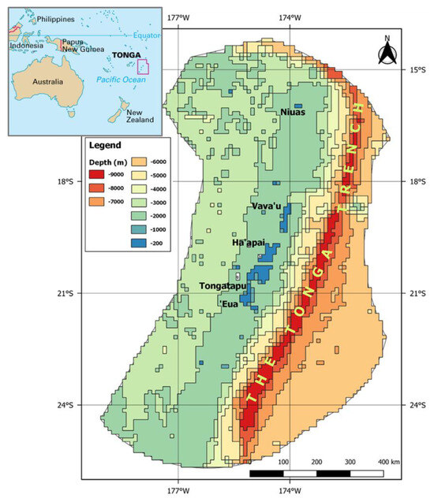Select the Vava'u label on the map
266,206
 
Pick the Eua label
229,303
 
